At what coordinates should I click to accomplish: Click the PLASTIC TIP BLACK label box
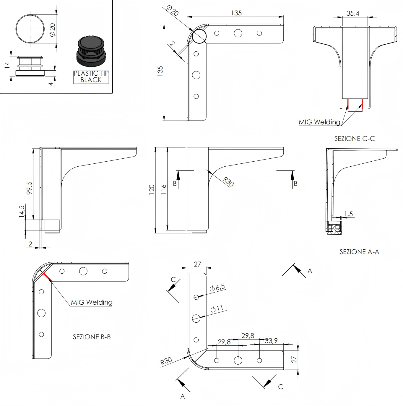pyautogui.click(x=91, y=77)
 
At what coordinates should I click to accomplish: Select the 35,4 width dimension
pyautogui.click(x=353, y=13)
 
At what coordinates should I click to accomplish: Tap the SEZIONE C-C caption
pyautogui.click(x=355, y=138)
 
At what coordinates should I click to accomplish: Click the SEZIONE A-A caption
pyautogui.click(x=359, y=251)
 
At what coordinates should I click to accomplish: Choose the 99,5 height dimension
pyautogui.click(x=30, y=188)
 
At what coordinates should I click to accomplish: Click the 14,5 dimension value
pyautogui.click(x=22, y=211)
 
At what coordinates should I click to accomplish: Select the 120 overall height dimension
pyautogui.click(x=152, y=190)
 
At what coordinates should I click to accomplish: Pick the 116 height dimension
pyautogui.click(x=163, y=190)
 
